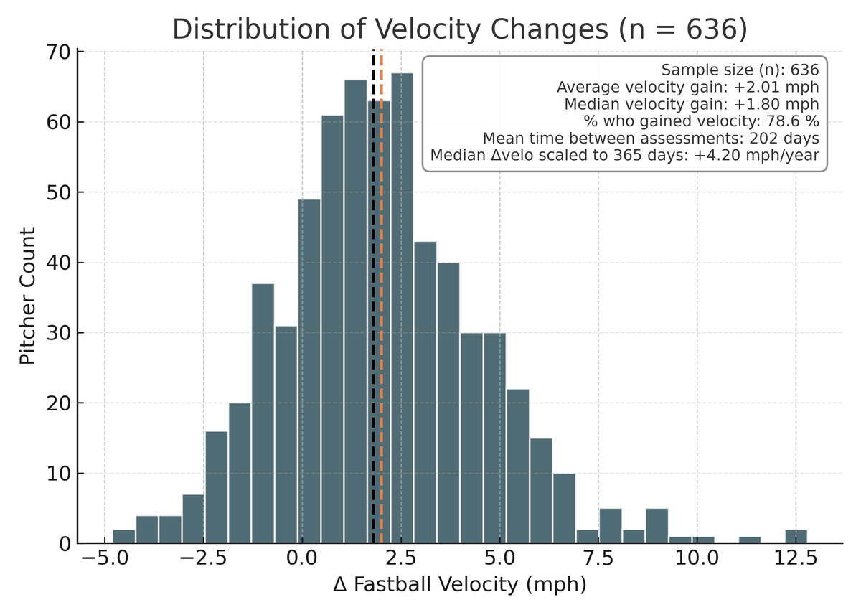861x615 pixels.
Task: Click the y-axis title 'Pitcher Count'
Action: pyautogui.click(x=27, y=296)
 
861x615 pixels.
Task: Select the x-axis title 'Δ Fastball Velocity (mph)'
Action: pyautogui.click(x=460, y=585)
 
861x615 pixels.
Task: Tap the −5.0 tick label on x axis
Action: pyautogui.click(x=105, y=557)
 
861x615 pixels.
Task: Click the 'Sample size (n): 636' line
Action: pyautogui.click(x=740, y=70)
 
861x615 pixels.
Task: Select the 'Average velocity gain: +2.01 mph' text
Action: pyautogui.click(x=687, y=87)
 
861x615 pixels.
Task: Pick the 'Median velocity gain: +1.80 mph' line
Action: pyautogui.click(x=692, y=104)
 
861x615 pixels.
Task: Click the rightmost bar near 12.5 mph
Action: pyautogui.click(x=796, y=536)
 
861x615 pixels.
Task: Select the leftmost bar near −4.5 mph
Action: pyautogui.click(x=123, y=536)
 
